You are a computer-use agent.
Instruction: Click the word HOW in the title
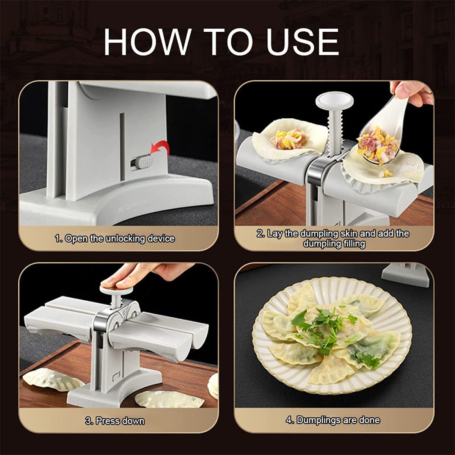146,41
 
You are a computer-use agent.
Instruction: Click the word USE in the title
304,41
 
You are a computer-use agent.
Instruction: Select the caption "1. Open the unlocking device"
115,238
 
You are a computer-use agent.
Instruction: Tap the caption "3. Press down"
115,420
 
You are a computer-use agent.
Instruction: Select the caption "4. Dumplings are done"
333,420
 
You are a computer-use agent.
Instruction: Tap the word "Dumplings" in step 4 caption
318,420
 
